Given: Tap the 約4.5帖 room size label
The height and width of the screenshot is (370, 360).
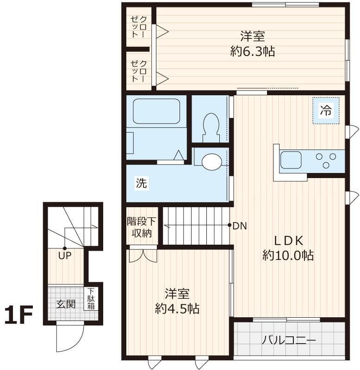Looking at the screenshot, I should point(177,308).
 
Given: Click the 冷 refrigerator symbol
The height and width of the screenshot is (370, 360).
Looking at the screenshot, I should point(326,111).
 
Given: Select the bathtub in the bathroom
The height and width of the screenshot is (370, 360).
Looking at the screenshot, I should point(156,111).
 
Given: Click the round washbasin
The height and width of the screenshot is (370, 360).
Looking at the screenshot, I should point(211,161).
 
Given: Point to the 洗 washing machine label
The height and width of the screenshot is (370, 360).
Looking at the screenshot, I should point(141,183).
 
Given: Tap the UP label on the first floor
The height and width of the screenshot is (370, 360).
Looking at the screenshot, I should point(65,255).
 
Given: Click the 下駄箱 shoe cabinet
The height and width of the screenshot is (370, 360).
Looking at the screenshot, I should point(91,299).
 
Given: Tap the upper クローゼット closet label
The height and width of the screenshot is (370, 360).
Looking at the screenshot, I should point(139,27).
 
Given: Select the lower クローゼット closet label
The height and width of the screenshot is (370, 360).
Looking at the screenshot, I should point(139,71).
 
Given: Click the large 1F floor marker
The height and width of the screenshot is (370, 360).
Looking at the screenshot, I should point(19,316).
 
